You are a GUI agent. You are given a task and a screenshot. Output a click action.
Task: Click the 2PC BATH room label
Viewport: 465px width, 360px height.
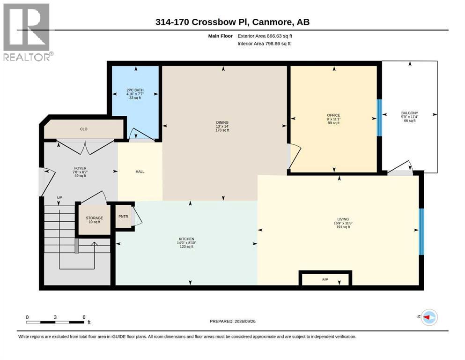[135, 90]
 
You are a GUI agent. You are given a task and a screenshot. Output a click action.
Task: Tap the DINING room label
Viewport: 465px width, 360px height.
[222, 122]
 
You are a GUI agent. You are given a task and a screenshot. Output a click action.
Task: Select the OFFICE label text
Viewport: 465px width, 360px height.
[333, 115]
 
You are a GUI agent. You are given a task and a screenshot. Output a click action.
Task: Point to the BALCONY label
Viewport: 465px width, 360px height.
[410, 113]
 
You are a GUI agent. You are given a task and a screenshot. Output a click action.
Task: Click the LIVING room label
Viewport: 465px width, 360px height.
[343, 219]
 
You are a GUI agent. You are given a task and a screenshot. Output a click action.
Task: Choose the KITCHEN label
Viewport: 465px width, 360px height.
[186, 239]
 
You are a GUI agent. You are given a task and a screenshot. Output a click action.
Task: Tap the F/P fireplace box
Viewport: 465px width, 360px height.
[325, 279]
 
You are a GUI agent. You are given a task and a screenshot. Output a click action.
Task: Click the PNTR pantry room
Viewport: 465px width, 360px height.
[123, 217]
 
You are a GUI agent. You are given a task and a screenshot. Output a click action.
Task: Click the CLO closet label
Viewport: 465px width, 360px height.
[84, 129]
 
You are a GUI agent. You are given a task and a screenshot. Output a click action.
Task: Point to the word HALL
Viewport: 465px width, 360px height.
[140, 172]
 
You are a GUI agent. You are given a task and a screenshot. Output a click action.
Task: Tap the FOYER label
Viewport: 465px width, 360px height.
[80, 168]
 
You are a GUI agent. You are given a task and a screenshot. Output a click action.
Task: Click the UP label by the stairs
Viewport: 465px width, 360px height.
[59, 198]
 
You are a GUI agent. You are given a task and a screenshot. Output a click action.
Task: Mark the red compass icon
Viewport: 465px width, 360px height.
[429, 317]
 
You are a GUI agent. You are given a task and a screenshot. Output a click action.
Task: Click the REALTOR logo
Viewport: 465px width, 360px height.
[28, 32]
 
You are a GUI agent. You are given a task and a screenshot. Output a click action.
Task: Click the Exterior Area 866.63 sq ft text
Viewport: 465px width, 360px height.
[265, 36]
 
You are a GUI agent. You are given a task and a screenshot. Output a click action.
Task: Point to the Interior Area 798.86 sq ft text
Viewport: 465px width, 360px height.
[264, 44]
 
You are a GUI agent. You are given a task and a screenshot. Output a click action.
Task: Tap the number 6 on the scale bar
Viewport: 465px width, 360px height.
[84, 317]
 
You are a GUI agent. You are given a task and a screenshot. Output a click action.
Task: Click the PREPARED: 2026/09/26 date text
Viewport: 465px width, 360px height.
[232, 321]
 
